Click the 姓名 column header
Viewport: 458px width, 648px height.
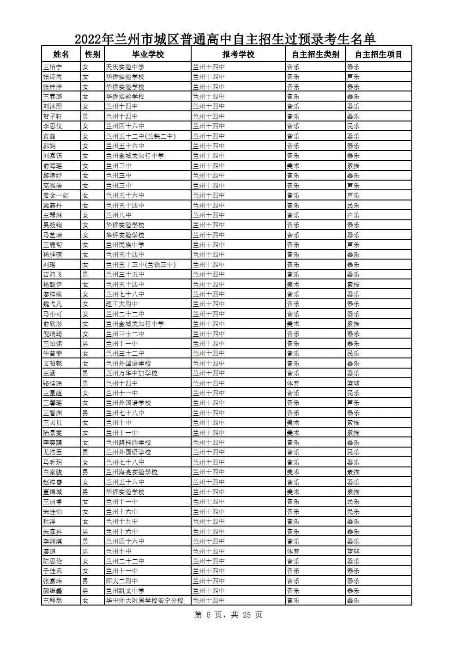[61, 55]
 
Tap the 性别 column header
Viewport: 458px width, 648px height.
[92, 55]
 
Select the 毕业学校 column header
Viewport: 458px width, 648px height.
[148, 55]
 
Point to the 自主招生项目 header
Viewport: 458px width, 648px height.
[379, 55]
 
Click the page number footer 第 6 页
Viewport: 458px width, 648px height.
[229, 615]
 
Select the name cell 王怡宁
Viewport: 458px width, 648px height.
[52, 67]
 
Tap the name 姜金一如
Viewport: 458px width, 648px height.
[55, 195]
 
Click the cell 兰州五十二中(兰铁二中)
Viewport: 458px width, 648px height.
[141, 136]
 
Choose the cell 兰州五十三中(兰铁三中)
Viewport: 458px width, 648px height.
[141, 265]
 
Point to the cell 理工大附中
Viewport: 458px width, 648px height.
[122, 304]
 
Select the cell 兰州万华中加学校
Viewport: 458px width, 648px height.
[132, 373]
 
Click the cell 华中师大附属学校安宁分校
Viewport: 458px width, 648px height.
[145, 600]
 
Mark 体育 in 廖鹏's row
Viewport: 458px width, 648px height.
[293, 551]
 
